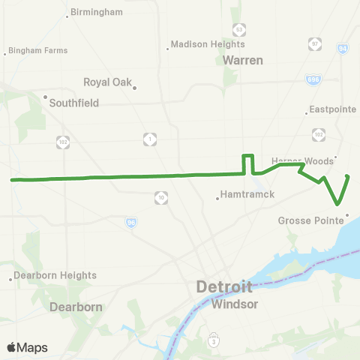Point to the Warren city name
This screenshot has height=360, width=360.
pos(243,60)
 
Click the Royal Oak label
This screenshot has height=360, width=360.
pos(107,82)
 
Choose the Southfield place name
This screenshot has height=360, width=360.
pos(73,103)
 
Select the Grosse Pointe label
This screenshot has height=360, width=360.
pos(309,220)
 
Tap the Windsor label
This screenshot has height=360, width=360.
pos(235,304)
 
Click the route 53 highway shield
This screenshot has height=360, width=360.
pos(238,28)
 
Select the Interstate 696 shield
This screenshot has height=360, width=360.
pos(313,79)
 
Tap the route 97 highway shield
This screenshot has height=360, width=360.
pos(315,46)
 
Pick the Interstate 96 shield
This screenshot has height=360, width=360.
pos(130,222)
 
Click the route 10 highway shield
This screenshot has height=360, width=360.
pos(162,197)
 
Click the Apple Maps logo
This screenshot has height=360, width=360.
pos(27,347)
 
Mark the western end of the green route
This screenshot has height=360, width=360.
pos(12,180)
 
